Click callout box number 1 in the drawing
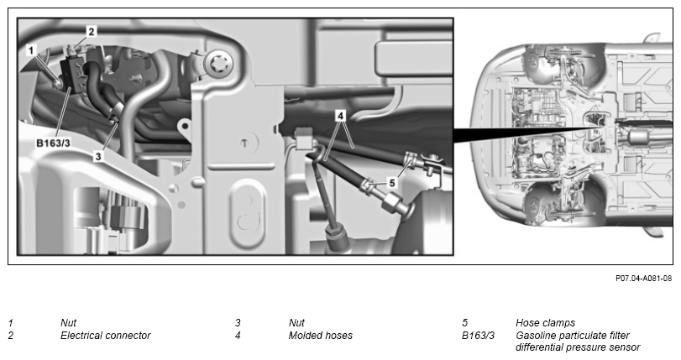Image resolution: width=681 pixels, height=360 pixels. point(31,51)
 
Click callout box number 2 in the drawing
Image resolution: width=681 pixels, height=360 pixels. point(92,31)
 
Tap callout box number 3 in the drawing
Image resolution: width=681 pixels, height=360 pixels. point(98,156)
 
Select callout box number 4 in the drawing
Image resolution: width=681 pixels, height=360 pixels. point(341,116)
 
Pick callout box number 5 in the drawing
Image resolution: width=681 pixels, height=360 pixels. point(392,183)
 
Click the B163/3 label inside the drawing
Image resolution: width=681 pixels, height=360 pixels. point(53,143)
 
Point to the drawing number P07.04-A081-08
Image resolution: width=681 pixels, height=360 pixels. point(644,279)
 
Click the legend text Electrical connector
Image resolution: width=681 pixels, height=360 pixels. point(105,336)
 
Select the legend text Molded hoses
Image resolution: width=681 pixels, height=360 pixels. point(321,336)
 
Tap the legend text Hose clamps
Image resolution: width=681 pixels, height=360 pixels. point(545,322)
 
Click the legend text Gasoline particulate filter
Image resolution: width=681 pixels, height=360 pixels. point(573,336)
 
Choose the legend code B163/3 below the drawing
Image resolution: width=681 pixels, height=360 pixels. point(478,336)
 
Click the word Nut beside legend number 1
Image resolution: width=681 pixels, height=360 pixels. point(68,322)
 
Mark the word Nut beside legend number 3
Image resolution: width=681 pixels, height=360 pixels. point(296,322)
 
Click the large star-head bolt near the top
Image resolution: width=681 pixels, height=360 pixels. point(218,65)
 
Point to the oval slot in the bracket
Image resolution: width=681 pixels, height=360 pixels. point(247,214)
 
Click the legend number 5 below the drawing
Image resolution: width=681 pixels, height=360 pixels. point(464,322)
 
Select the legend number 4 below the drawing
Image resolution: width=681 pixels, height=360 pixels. point(238,336)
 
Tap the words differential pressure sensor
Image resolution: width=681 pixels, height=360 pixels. point(578,347)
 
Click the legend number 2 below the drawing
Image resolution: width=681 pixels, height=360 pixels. point(10,336)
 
